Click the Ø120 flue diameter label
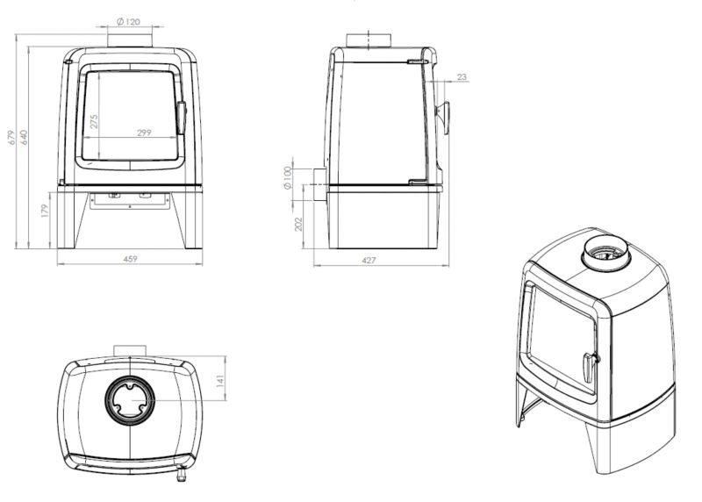coord(128,21)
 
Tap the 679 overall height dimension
coord(12,137)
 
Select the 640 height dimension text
coord(24,137)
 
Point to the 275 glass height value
coord(94,121)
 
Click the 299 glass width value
coord(144,133)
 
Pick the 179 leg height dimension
coord(45,211)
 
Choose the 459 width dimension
coord(130,259)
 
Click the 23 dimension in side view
coord(462,77)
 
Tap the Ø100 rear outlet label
coord(288,177)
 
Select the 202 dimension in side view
coord(298,224)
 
